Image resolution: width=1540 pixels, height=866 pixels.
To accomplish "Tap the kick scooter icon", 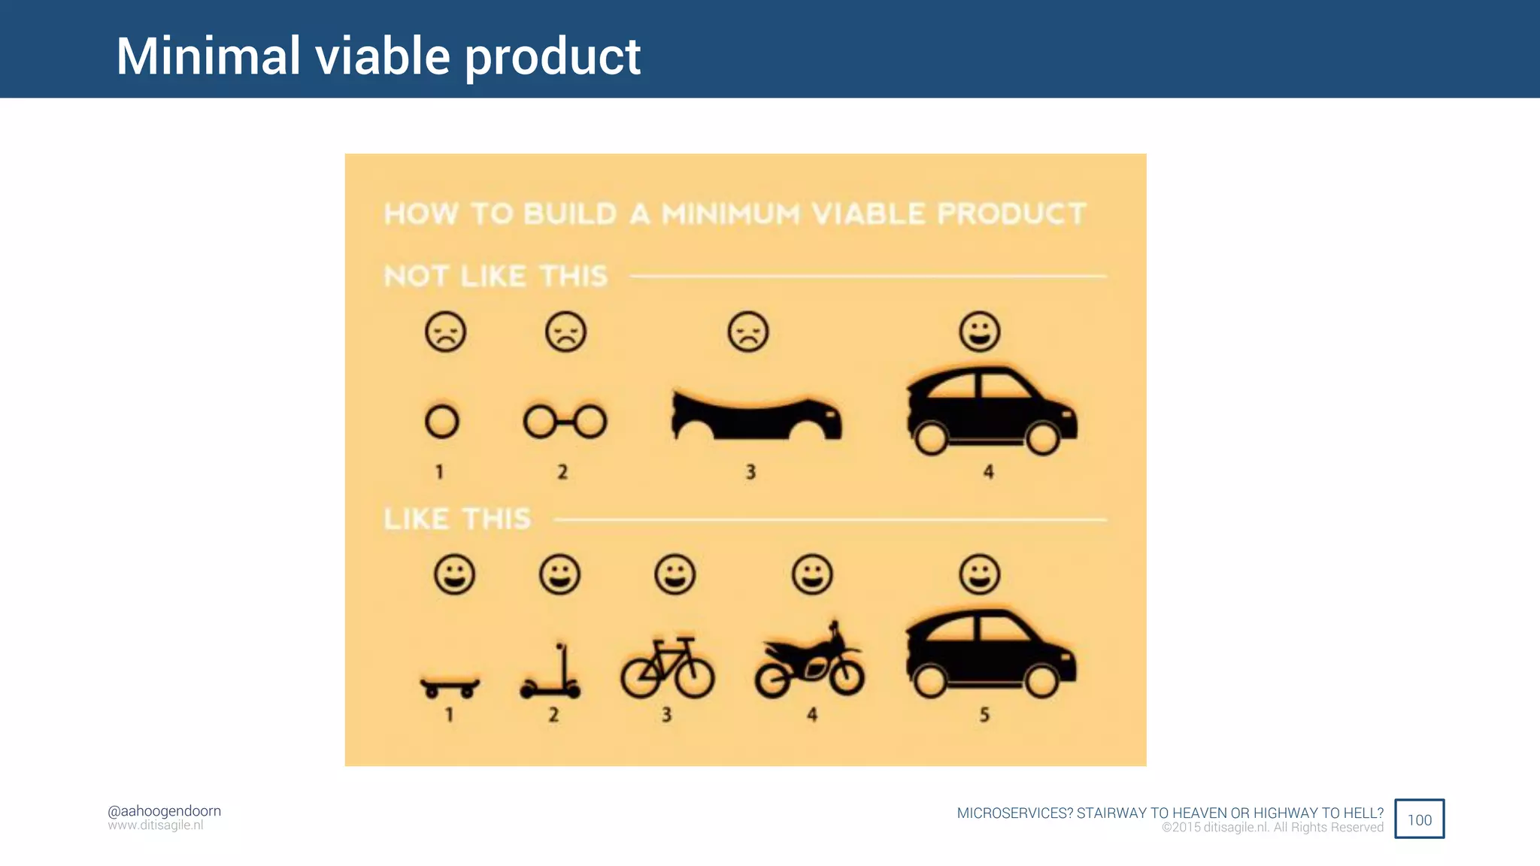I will (x=551, y=675).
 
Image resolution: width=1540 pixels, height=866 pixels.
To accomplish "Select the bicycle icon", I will (x=667, y=668).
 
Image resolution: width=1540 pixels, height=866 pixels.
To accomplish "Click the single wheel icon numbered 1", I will (x=441, y=422).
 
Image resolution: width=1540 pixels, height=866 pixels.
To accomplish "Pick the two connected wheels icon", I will (x=565, y=422).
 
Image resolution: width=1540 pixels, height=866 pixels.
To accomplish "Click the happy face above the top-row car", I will (x=980, y=332).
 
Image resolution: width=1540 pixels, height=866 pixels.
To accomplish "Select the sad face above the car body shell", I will (x=748, y=332).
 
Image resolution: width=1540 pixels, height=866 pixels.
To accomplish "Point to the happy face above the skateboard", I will (x=454, y=575).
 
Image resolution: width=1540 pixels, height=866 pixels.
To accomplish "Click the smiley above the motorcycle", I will (x=812, y=575).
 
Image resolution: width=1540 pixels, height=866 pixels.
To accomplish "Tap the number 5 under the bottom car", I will (x=984, y=715).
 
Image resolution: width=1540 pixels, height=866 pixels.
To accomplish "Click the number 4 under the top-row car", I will (x=988, y=472).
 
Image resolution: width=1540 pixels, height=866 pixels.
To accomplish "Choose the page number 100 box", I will (x=1419, y=819).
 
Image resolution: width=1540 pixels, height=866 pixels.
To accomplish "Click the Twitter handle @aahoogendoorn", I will (x=164, y=811).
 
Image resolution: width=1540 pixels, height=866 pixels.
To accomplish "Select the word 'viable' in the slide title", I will (x=382, y=56).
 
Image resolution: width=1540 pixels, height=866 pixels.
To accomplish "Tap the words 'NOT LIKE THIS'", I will (x=496, y=277).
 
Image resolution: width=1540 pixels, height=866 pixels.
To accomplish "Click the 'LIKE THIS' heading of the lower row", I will (x=457, y=519).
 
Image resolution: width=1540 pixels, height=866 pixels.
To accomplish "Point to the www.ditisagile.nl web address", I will (x=156, y=825).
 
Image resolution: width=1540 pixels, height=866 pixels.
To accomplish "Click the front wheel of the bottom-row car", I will (x=1041, y=682).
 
